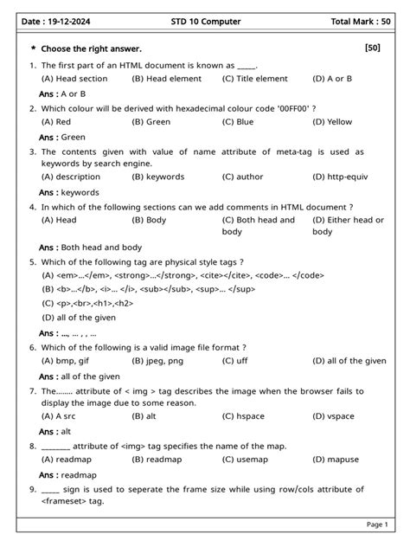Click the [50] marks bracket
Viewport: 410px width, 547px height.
click(373, 48)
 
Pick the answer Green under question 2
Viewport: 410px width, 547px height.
click(73, 137)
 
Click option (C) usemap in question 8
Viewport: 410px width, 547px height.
click(248, 460)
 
